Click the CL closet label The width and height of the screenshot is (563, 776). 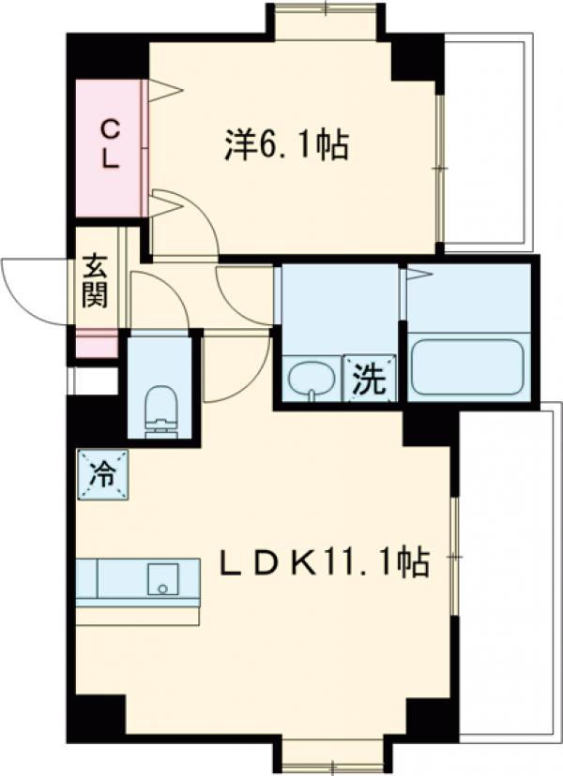(110, 142)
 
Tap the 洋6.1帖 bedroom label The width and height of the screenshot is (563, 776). (286, 144)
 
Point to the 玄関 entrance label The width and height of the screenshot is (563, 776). (94, 280)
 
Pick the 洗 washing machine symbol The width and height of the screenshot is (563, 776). (369, 379)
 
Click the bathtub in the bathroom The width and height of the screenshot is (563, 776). (466, 366)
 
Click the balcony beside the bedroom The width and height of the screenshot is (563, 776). (488, 141)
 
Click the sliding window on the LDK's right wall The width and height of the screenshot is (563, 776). (453, 557)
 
